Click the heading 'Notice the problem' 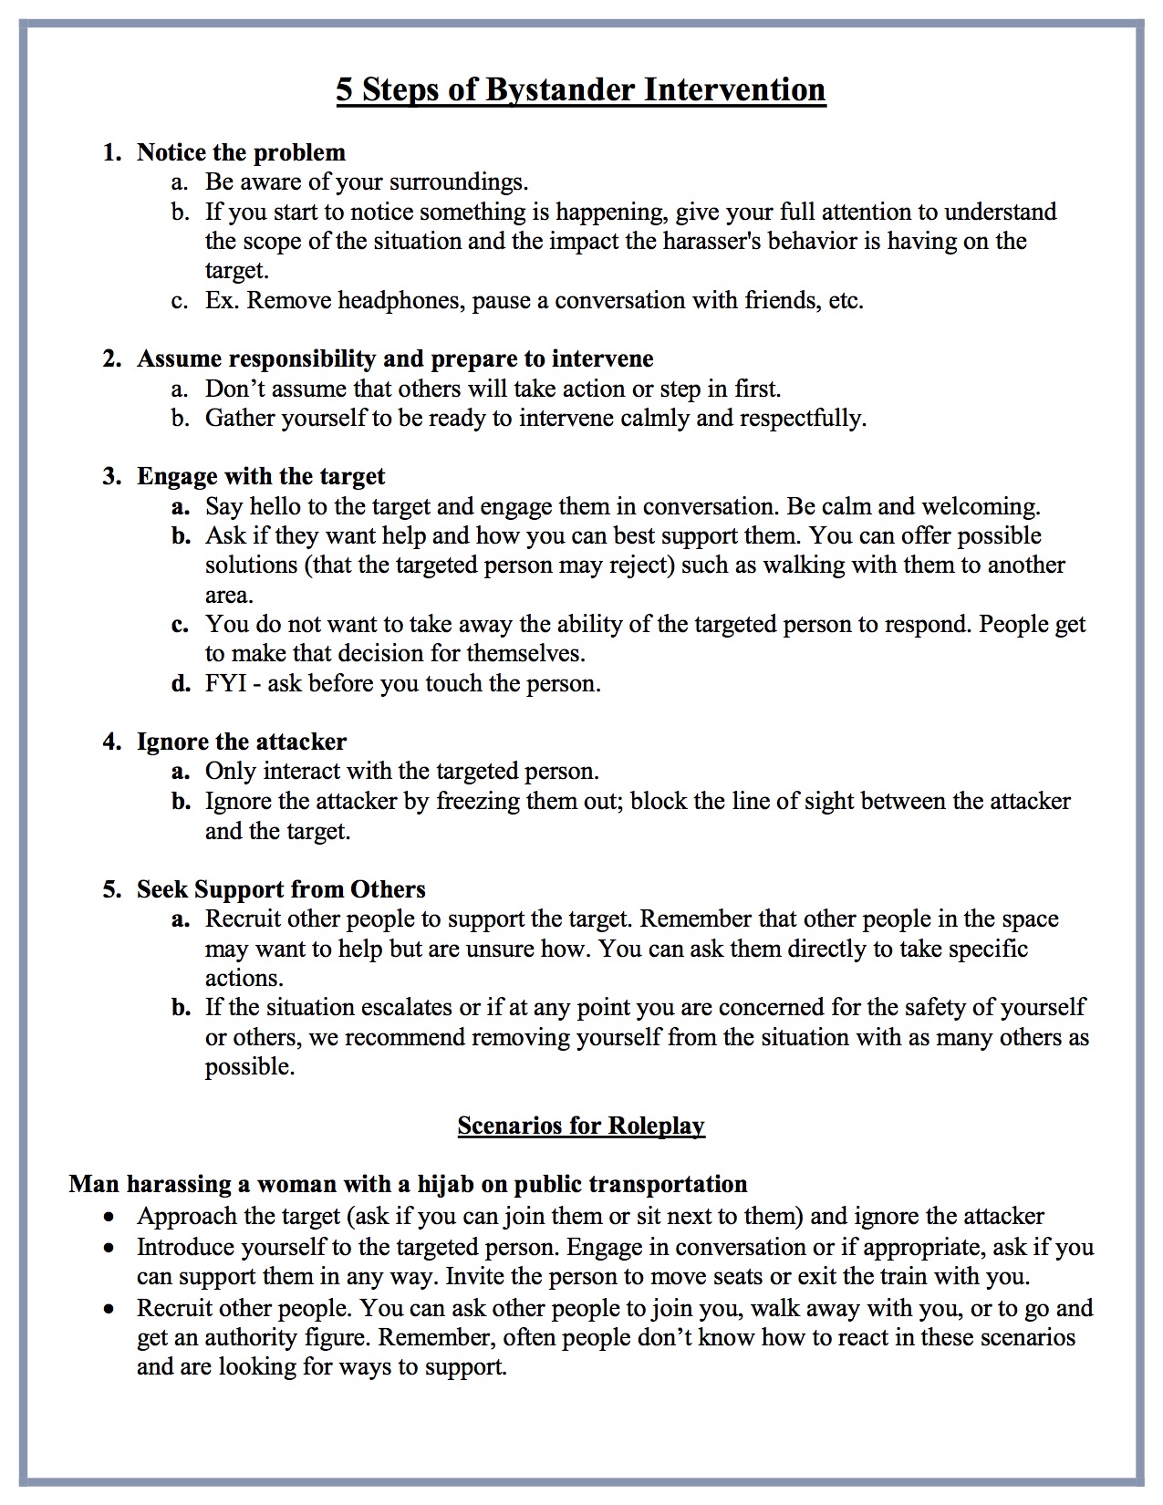point(241,152)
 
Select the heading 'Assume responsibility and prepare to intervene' point(395,358)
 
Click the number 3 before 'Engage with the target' point(110,476)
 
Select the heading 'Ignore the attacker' point(242,742)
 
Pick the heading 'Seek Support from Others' point(281,889)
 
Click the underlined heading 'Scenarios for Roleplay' point(581,1126)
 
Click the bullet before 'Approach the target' point(109,1218)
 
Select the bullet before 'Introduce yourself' point(109,1248)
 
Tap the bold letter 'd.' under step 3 point(181,683)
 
